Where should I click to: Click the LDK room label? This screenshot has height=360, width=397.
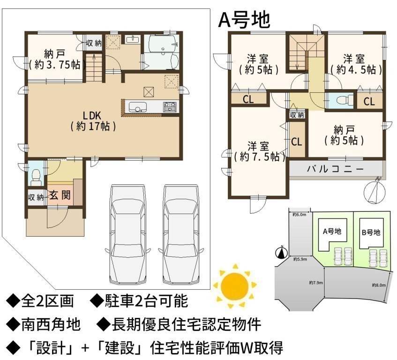93,121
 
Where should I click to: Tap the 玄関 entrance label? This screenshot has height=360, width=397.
60,195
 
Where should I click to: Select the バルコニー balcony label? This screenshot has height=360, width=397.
336,169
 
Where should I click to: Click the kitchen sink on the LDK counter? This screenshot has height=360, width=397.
138,107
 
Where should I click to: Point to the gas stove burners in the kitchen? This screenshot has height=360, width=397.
170,107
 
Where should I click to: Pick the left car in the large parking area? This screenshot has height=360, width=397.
128,234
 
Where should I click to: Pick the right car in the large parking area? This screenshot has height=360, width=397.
181,234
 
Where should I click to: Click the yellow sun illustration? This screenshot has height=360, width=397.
234,285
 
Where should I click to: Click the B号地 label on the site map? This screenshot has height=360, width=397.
371,232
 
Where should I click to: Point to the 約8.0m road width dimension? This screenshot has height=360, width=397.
379,285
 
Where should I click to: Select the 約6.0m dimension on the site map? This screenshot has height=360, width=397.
300,215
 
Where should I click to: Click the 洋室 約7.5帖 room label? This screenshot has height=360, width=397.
259,152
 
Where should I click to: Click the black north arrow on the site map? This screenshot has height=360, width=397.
282,252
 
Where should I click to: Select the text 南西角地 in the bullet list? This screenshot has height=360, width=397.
51,325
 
